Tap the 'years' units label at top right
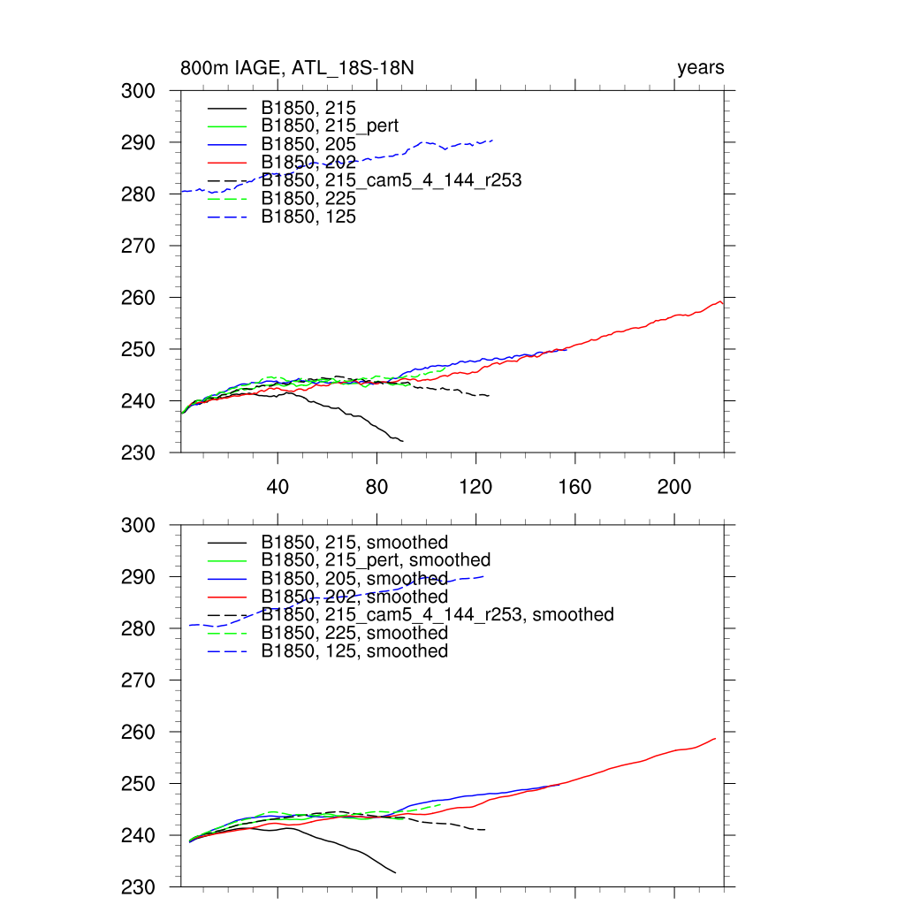pos(700,68)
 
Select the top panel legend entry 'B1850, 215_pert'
pos(330,125)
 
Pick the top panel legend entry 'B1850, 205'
pos(308,144)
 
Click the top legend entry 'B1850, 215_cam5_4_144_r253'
pos(391,180)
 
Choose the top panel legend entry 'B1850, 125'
pos(308,217)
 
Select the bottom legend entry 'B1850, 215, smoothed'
pos(354,542)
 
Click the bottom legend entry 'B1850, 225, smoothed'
pos(354,633)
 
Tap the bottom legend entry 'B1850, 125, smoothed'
pos(354,651)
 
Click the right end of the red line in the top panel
pos(723,303)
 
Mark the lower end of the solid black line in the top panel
pos(403,441)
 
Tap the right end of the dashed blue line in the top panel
pos(492,140)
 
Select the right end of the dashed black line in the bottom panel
pos(485,830)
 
